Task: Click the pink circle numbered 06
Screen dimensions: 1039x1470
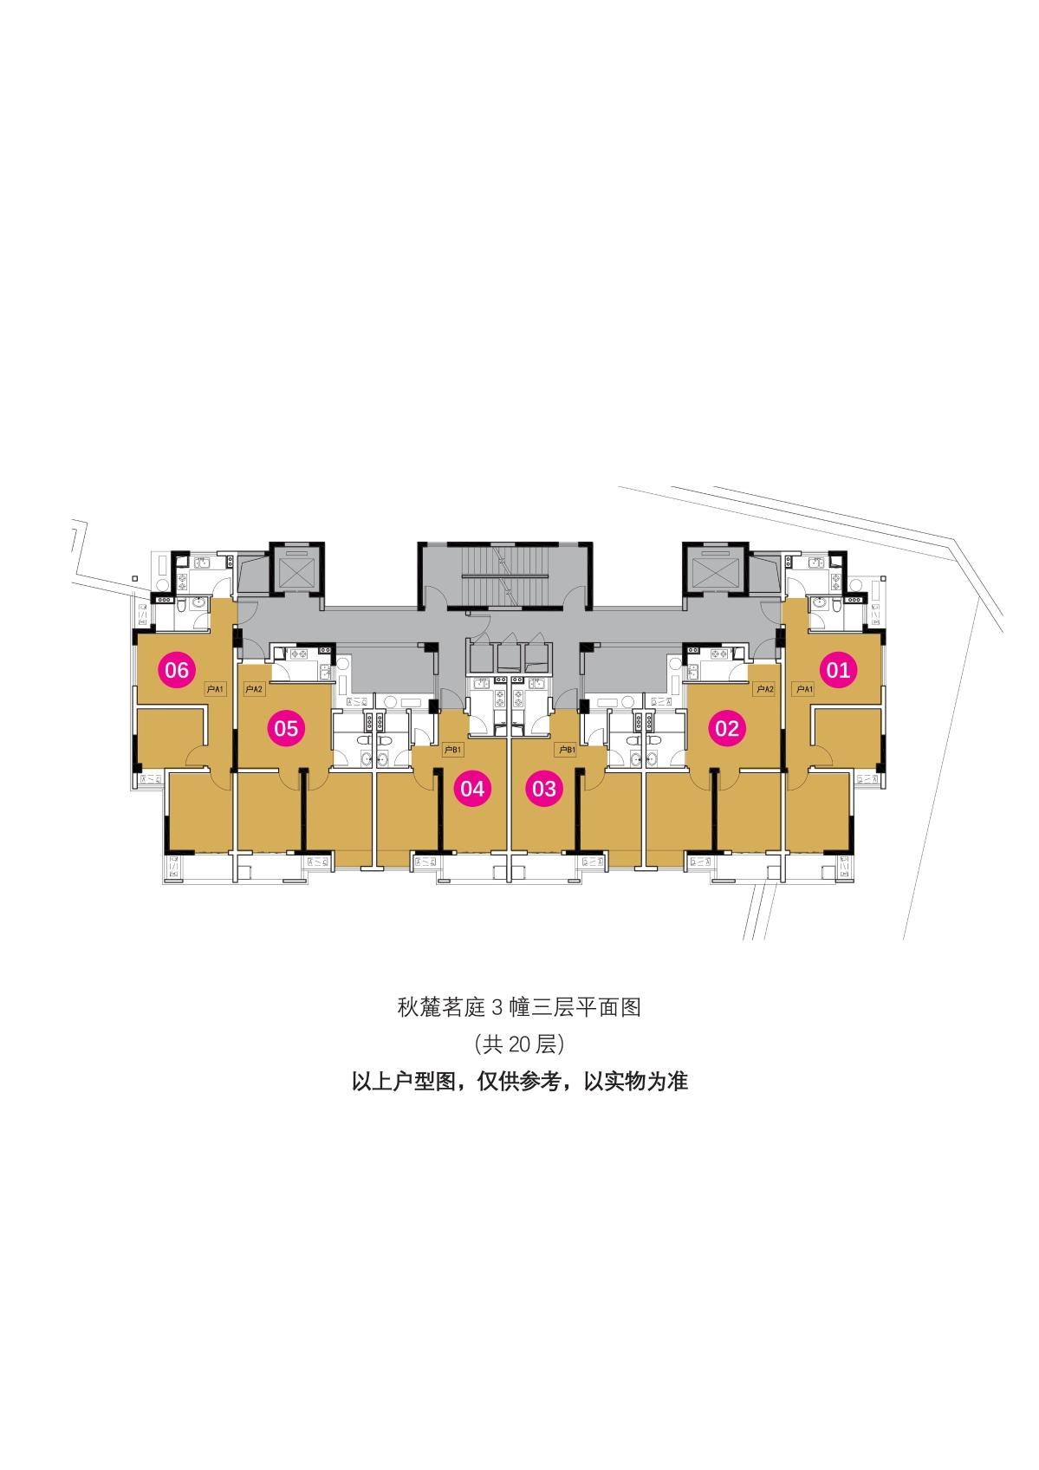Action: [177, 669]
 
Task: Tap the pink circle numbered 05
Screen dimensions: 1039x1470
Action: [286, 728]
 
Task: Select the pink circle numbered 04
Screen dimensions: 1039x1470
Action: [472, 788]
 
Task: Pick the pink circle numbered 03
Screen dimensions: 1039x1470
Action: [544, 788]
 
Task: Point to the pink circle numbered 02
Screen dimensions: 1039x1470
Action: [727, 728]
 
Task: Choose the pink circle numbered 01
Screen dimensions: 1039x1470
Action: [838, 669]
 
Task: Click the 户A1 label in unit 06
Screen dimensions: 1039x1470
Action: [216, 689]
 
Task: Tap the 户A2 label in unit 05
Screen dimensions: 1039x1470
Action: [254, 689]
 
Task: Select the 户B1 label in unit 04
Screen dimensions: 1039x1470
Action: [452, 750]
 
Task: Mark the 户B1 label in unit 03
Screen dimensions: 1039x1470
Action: [565, 750]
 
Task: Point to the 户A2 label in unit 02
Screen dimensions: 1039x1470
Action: [764, 689]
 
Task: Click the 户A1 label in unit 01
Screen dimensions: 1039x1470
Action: [803, 689]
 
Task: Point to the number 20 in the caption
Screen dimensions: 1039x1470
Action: [520, 1044]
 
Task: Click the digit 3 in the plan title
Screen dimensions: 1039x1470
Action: [497, 1007]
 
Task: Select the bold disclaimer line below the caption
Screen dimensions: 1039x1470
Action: [520, 1081]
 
